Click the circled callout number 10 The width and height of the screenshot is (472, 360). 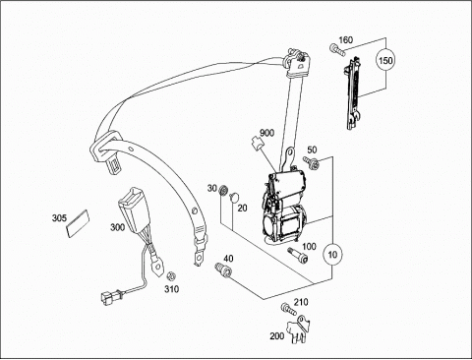tap(332, 255)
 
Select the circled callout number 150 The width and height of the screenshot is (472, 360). tap(385, 61)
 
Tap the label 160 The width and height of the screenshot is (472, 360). tap(345, 40)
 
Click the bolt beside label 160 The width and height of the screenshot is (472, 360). tap(337, 49)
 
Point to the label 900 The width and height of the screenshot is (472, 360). tap(266, 133)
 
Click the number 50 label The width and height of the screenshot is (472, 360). tap(312, 150)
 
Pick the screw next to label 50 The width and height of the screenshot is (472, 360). tap(310, 162)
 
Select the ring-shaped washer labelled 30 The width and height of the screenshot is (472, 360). tap(223, 190)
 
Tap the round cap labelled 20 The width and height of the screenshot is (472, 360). tap(234, 197)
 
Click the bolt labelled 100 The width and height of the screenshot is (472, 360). tap(298, 256)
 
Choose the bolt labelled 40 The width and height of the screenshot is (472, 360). tap(223, 270)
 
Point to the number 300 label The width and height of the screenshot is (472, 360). tap(117, 227)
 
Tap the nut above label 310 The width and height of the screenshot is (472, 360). tap(170, 276)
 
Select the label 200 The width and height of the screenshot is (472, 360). tap(277, 336)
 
